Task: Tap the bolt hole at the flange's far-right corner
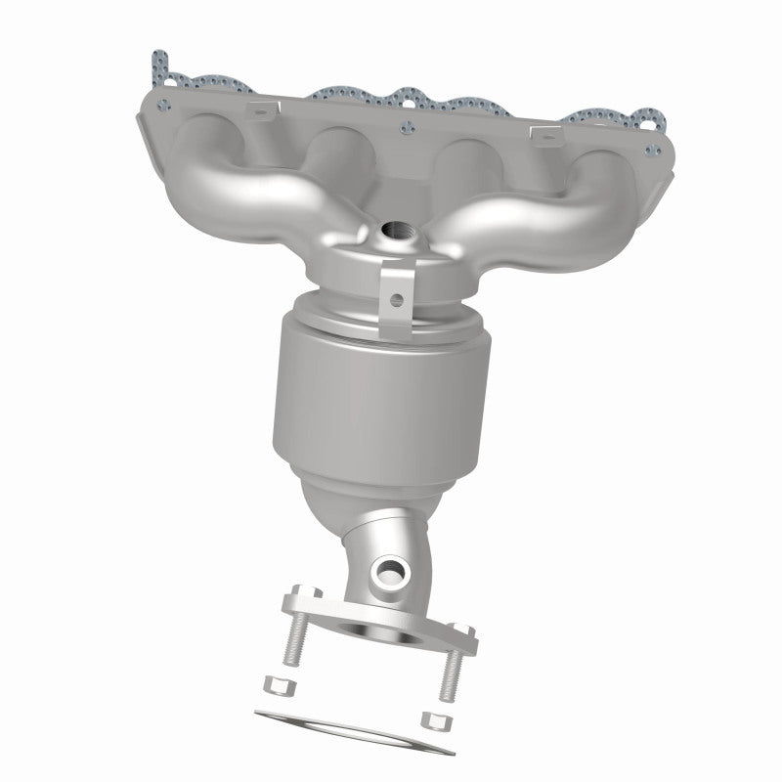(649, 151)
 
